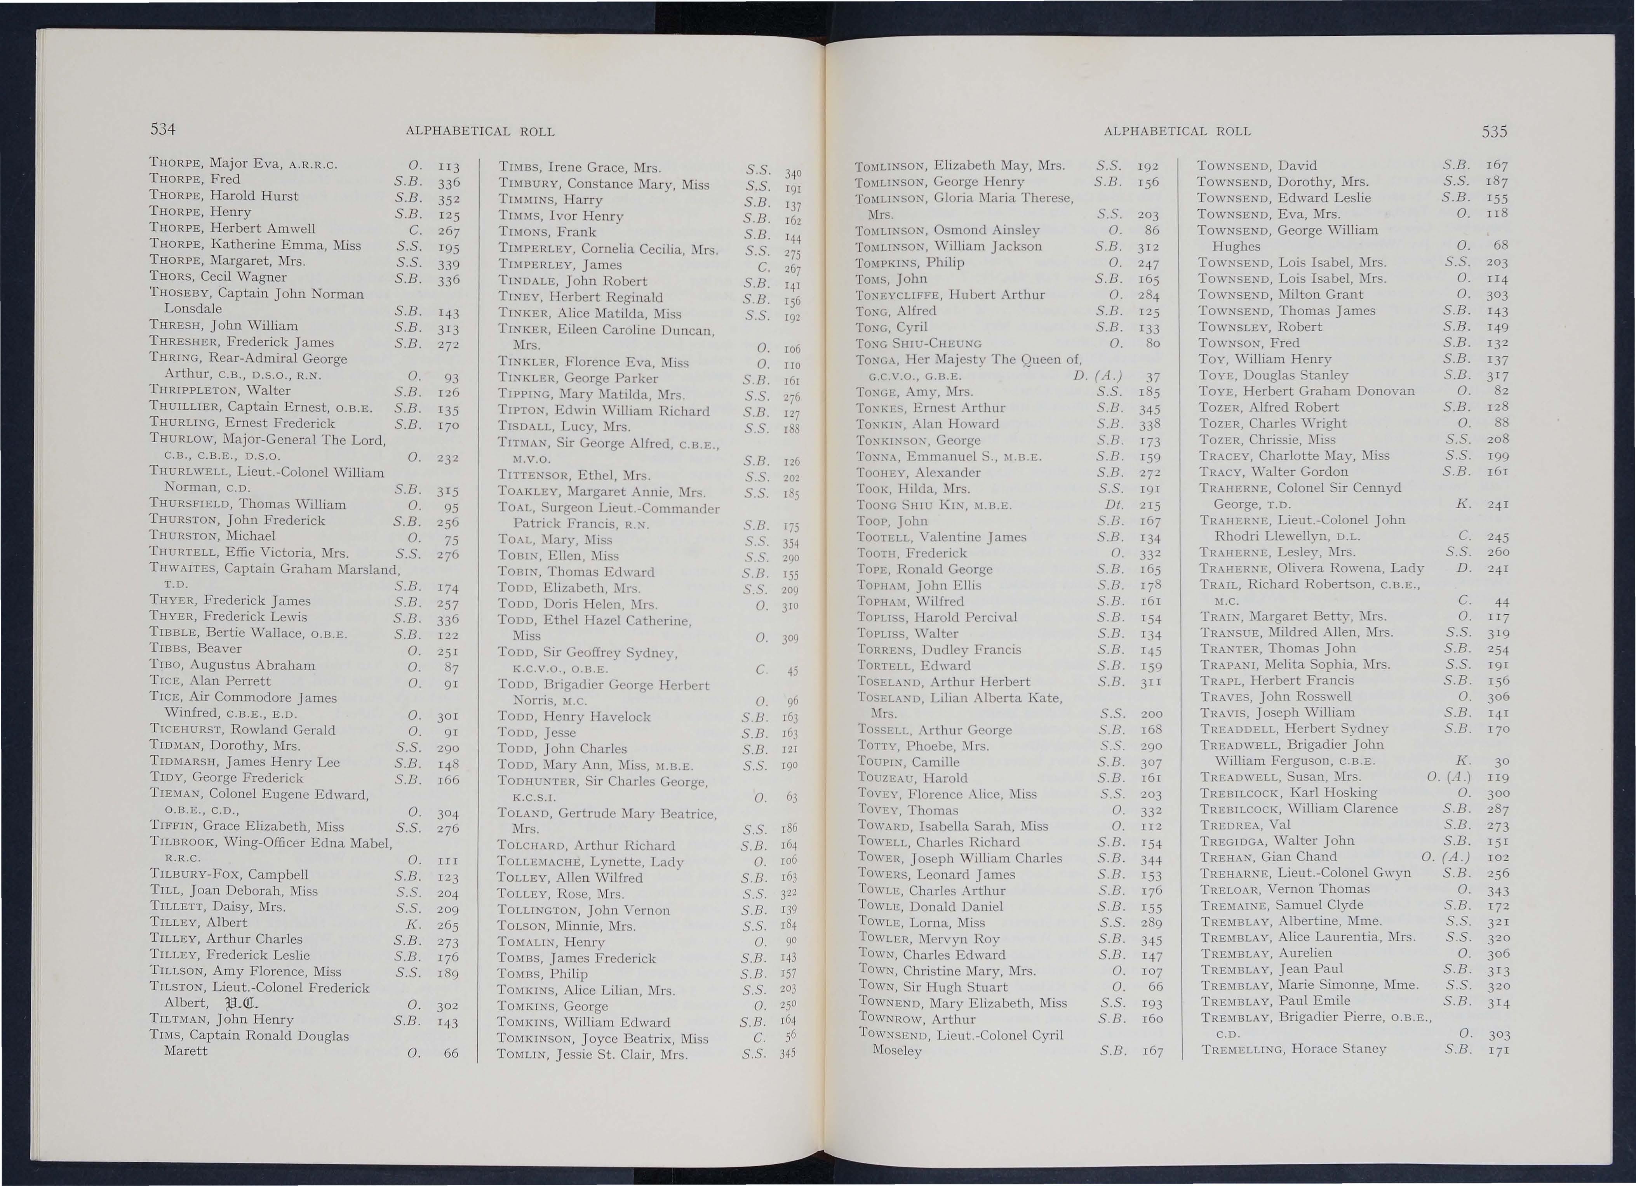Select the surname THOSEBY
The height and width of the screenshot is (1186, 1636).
pos(181,294)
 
